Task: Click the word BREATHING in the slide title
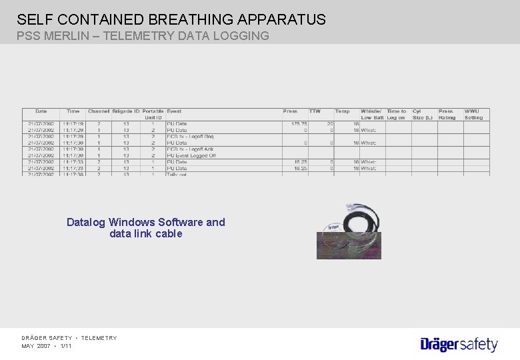(170, 19)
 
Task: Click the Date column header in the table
(41, 111)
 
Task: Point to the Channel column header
(98, 111)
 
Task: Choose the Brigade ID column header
(126, 111)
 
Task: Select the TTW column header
(315, 111)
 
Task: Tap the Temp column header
(342, 111)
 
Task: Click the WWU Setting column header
(473, 114)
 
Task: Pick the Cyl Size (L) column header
(422, 114)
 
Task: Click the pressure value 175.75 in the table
(295, 123)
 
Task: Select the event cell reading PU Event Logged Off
(191, 155)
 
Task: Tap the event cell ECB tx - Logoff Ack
(190, 149)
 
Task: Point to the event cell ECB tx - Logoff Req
(190, 136)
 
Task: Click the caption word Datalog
(86, 222)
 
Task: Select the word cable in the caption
(169, 234)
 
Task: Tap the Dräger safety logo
(459, 344)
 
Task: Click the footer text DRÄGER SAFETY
(47, 338)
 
